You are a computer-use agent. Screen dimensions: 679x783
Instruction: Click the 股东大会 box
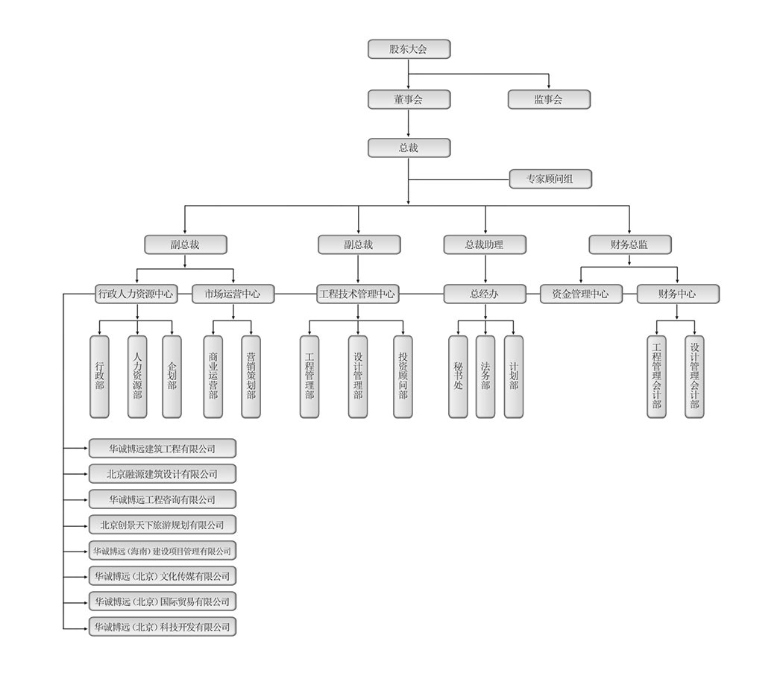pyautogui.click(x=409, y=49)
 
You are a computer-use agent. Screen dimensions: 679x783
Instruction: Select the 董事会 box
pyautogui.click(x=409, y=99)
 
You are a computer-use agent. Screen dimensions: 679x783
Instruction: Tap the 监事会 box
pyautogui.click(x=549, y=99)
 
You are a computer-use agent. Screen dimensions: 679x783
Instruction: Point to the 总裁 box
pyautogui.click(x=409, y=148)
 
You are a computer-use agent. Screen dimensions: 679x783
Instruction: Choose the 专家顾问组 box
pyautogui.click(x=550, y=179)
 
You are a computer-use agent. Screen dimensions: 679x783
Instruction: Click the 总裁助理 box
pyautogui.click(x=485, y=244)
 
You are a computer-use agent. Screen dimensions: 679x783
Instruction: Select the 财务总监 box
pyautogui.click(x=629, y=244)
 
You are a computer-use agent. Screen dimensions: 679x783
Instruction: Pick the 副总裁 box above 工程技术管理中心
pyautogui.click(x=359, y=244)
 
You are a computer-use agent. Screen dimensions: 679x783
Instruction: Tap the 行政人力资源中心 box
pyautogui.click(x=136, y=294)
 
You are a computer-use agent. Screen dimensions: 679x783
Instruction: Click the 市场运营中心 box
pyautogui.click(x=233, y=294)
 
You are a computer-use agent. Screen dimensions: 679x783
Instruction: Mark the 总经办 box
pyautogui.click(x=485, y=294)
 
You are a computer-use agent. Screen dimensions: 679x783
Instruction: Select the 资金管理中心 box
pyautogui.click(x=581, y=294)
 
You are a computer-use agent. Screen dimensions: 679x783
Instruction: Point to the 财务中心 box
pyautogui.click(x=677, y=294)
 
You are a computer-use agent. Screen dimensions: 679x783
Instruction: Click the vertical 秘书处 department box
pyautogui.click(x=458, y=376)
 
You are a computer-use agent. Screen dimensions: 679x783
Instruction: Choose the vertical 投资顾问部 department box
pyautogui.click(x=403, y=376)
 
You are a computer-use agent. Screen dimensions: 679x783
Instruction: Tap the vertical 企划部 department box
pyautogui.click(x=172, y=376)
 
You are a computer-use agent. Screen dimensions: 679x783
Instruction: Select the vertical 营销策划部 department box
pyautogui.click(x=251, y=376)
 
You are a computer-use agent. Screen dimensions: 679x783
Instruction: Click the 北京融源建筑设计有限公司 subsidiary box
pyautogui.click(x=162, y=473)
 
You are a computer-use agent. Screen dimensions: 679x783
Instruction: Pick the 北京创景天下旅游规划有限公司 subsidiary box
pyautogui.click(x=162, y=525)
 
